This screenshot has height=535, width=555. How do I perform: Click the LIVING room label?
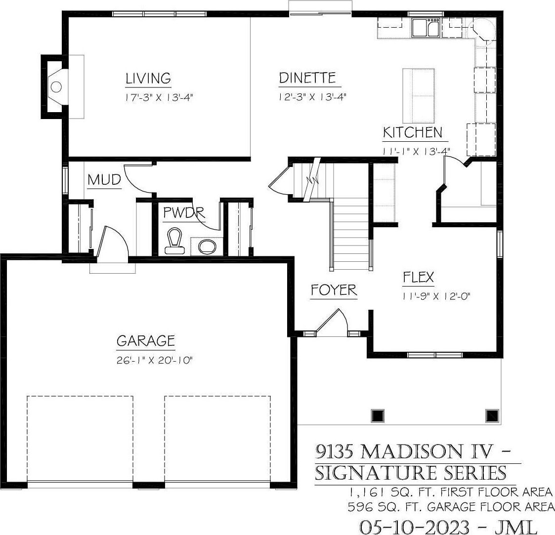148,78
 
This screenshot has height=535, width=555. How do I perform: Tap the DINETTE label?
307,78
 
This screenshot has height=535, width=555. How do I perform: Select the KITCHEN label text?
413,132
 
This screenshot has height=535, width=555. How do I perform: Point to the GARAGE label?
146,340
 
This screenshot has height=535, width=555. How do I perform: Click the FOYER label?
334,290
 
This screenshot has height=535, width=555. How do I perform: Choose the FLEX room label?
419,277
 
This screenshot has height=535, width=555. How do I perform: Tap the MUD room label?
104,180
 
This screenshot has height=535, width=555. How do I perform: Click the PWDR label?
184,212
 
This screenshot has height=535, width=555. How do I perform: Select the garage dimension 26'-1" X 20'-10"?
154,361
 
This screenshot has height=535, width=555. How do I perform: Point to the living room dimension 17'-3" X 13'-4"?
160,97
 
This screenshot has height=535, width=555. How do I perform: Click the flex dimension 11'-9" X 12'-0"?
436,296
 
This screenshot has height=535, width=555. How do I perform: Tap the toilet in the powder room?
174,241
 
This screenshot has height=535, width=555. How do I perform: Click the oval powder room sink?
207,247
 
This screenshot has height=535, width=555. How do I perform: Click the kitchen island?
419,95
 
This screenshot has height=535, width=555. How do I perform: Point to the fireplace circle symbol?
56,86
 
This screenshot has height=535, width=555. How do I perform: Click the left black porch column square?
378,416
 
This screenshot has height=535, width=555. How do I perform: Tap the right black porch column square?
492,416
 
